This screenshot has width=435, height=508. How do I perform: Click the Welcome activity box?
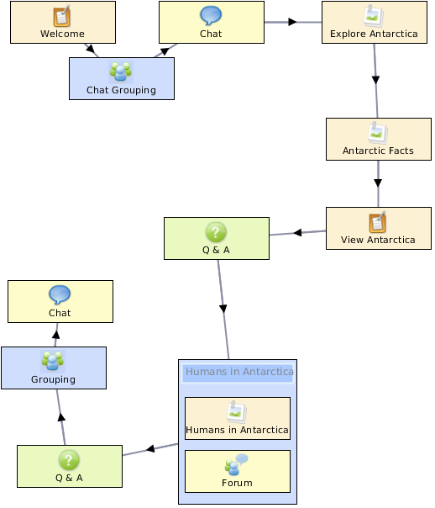pos(63,23)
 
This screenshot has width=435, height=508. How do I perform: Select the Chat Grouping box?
pos(122,79)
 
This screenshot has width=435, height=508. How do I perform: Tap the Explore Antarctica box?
pos(375,23)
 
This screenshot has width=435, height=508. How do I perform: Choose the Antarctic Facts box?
pos(379,140)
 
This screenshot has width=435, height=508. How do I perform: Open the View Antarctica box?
pos(379,229)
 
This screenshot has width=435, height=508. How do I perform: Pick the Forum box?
pos(238,471)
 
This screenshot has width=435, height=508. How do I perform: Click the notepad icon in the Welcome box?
pos(62,15)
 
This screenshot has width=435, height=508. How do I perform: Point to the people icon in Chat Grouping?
pos(121,71)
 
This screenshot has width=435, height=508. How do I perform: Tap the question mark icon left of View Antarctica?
pos(216,232)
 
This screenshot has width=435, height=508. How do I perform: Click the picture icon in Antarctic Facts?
pos(377,133)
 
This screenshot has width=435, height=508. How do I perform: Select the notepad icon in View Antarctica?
pos(378,222)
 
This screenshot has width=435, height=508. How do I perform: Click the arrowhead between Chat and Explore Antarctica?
pos(292,22)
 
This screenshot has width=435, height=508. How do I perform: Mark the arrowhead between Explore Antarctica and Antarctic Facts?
pos(375,80)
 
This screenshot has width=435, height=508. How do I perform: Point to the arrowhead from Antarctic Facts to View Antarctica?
pos(378,183)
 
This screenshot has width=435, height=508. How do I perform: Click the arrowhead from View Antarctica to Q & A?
pos(297,232)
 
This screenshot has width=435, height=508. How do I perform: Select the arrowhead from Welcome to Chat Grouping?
pos(90,50)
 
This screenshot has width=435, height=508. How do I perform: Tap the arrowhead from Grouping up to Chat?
pos(56,335)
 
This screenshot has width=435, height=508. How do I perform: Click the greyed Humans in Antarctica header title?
pos(239,372)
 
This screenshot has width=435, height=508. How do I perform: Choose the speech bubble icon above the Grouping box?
pos(60,294)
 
